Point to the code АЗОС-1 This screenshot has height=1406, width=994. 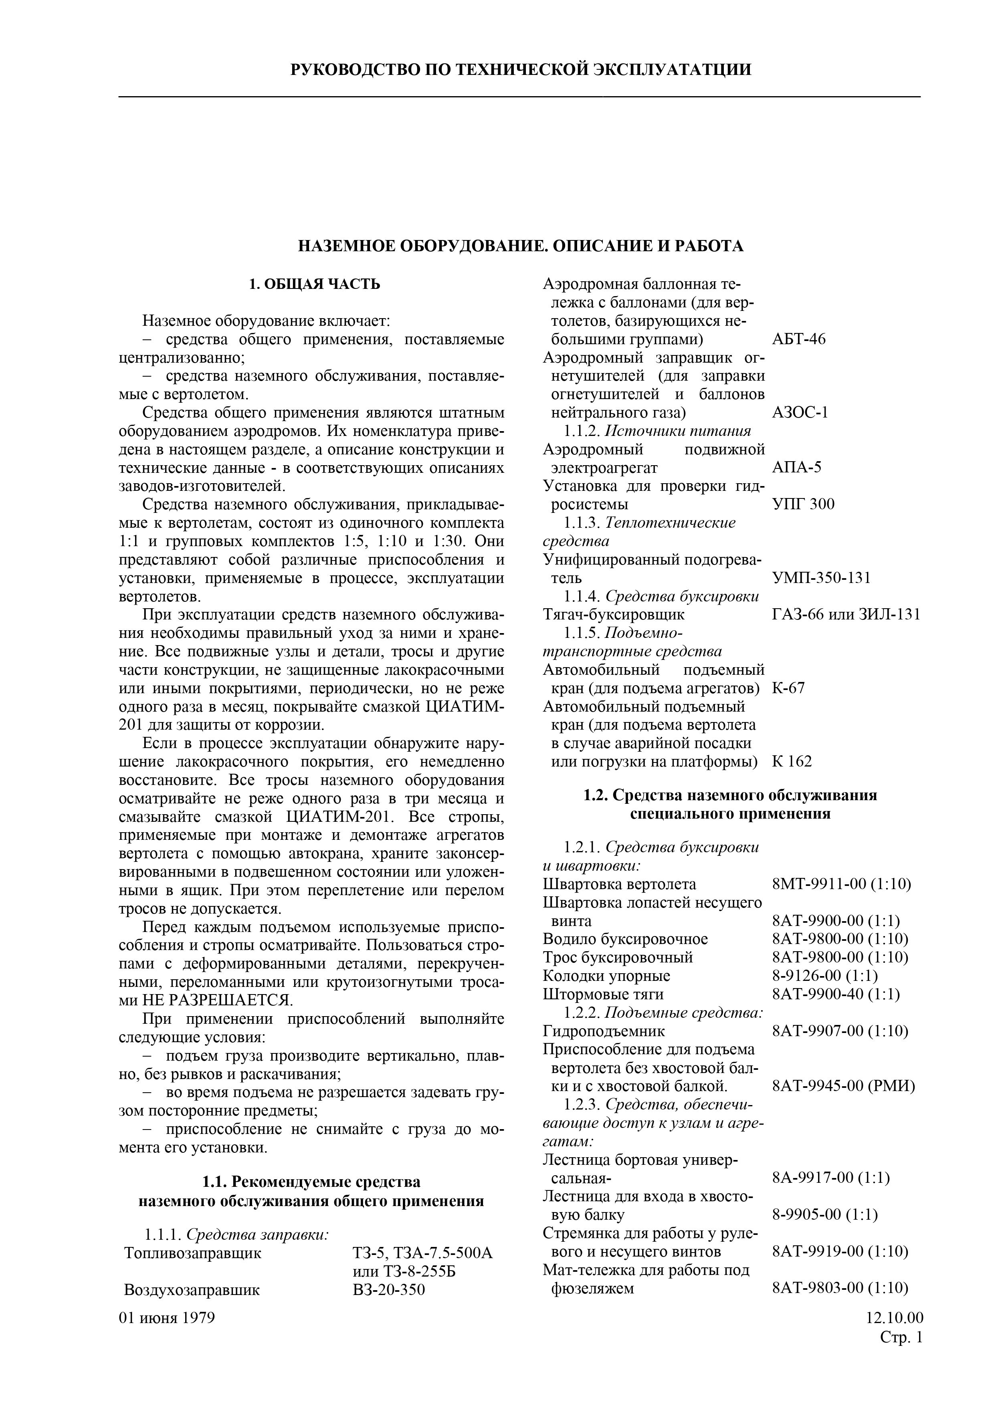[x=800, y=413]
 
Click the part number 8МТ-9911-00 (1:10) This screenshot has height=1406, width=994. [x=842, y=884]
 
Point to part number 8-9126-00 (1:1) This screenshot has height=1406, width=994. [x=825, y=976]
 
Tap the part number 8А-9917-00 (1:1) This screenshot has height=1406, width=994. [x=830, y=1178]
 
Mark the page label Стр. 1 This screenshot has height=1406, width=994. [x=901, y=1337]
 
